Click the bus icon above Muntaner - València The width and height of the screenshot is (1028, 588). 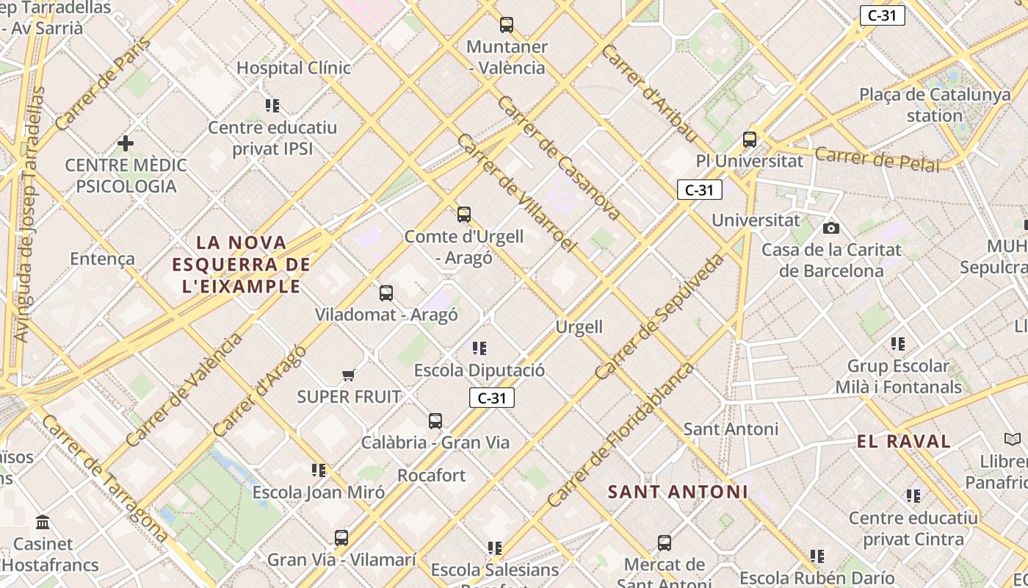click(x=506, y=25)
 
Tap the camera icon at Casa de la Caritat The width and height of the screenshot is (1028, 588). click(x=830, y=228)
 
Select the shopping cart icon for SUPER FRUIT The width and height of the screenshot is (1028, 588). click(x=349, y=376)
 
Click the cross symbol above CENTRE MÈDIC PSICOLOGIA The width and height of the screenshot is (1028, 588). click(x=126, y=143)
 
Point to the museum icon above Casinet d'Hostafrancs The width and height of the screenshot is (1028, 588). click(x=43, y=523)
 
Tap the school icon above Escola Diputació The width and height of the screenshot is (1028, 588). click(x=479, y=348)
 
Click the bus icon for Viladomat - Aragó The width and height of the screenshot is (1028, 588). click(x=386, y=293)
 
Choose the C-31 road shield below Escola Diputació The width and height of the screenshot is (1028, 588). click(x=492, y=398)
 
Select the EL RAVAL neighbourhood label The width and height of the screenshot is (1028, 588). click(x=904, y=441)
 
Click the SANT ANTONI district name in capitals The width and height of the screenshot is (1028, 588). click(x=678, y=492)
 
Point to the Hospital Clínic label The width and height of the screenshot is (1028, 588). click(x=293, y=68)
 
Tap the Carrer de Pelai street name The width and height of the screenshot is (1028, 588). click(x=877, y=159)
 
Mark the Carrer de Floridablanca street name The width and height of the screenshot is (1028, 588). click(x=620, y=435)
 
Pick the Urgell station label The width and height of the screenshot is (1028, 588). click(x=579, y=327)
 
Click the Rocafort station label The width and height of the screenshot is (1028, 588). click(x=432, y=476)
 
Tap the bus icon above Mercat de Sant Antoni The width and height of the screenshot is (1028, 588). click(x=665, y=543)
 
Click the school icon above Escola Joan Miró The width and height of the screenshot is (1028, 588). click(x=318, y=470)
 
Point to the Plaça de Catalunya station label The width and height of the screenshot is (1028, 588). click(x=935, y=105)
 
